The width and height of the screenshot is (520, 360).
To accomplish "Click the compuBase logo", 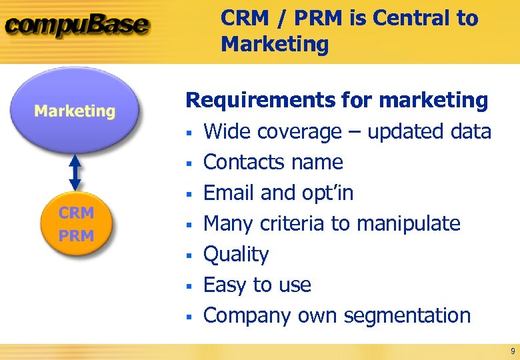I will point(77,27).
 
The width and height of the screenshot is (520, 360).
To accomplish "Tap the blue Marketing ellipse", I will point(75,111).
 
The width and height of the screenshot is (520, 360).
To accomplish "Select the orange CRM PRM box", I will point(77,224).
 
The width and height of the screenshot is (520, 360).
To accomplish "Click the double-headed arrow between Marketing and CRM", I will point(75,172).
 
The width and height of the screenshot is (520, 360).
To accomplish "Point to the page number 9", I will point(512,351).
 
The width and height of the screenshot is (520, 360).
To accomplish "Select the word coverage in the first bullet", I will point(306,132).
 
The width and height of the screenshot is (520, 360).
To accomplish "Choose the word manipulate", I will point(408,224).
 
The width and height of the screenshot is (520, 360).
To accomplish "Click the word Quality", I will point(236,255).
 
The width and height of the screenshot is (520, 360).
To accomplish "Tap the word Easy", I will point(224,285).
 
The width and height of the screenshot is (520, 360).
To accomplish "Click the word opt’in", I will point(325,193).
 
